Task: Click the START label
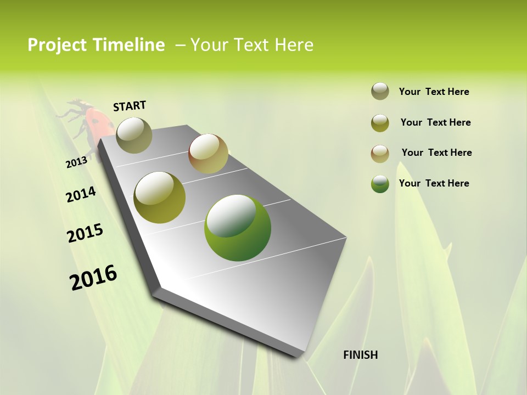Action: (x=130, y=106)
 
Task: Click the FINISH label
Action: (x=360, y=355)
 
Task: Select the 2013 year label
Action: (x=77, y=162)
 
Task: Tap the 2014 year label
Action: (x=81, y=194)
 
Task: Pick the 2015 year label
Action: (x=85, y=233)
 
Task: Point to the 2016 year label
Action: (x=93, y=278)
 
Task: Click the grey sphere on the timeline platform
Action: (x=134, y=135)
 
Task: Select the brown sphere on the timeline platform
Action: (x=208, y=154)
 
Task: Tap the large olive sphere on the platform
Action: (x=160, y=198)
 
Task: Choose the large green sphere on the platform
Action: (x=238, y=228)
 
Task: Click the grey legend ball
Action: (x=380, y=92)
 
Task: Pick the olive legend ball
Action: (x=380, y=123)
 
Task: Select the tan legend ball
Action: (x=380, y=154)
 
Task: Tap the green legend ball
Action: (x=380, y=184)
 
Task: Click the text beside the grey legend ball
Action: (x=434, y=92)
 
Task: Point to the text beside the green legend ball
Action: (x=434, y=183)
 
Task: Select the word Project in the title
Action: (x=58, y=45)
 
